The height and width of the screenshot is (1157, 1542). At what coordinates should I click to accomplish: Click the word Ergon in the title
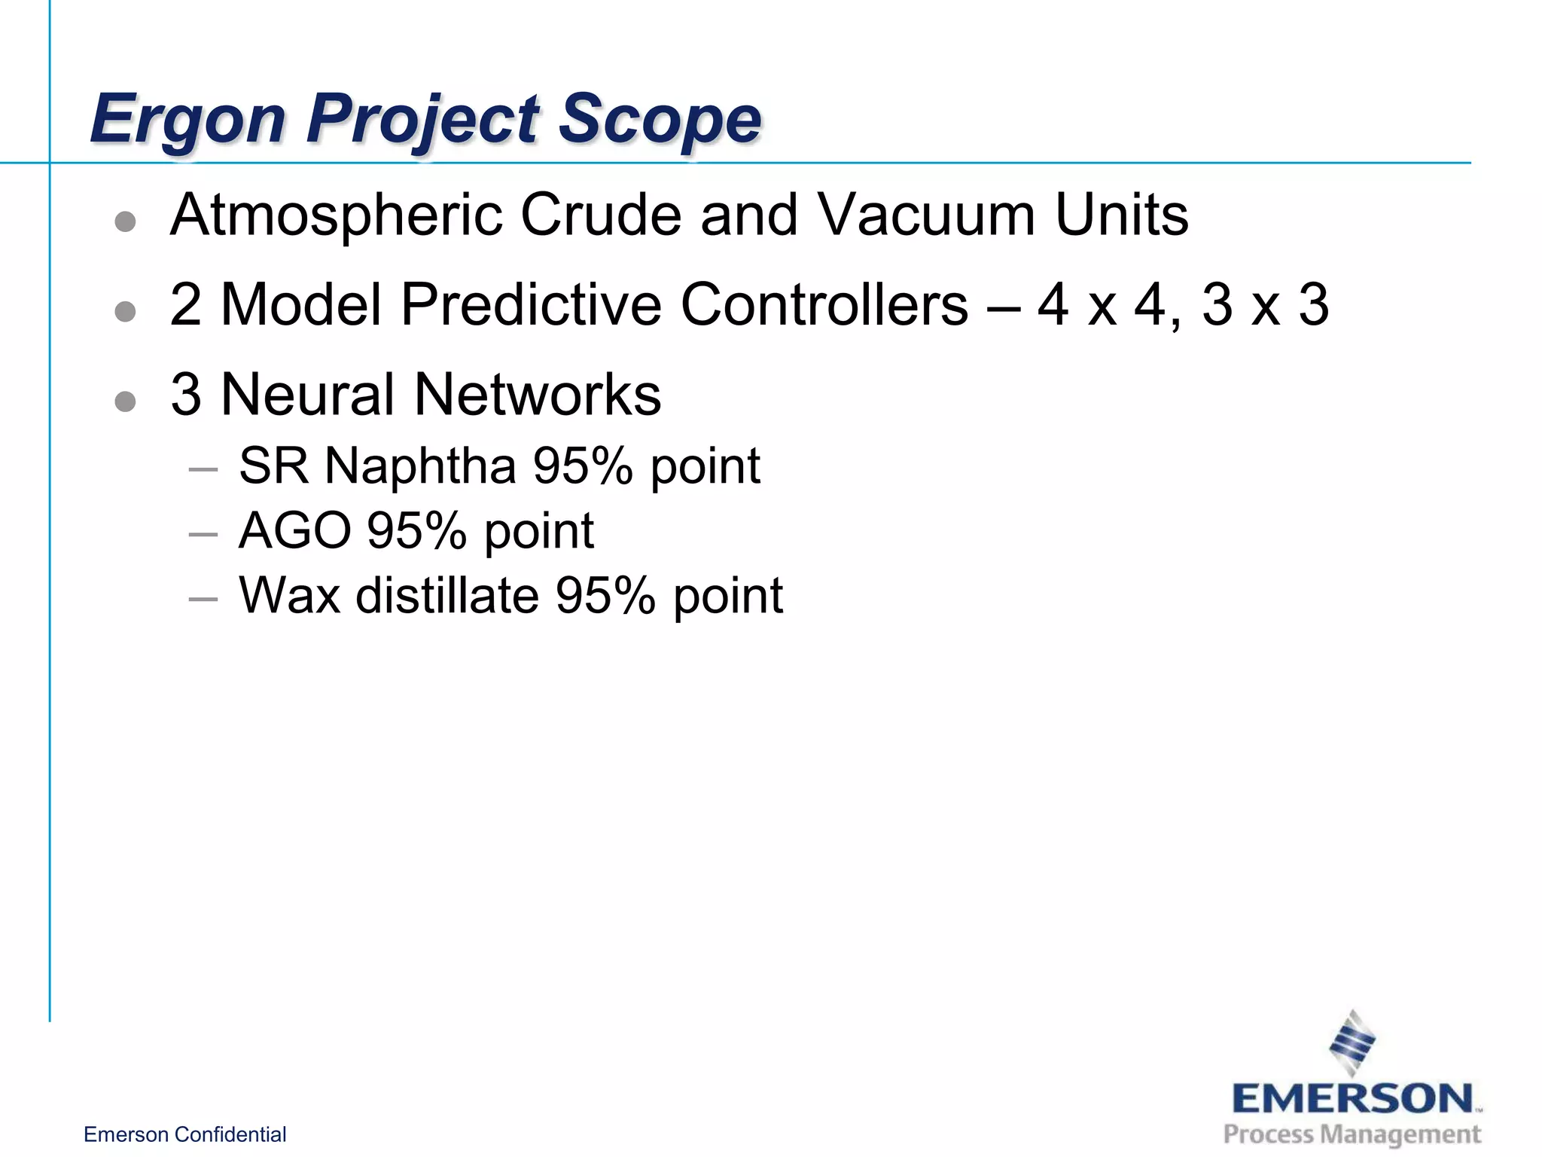tap(187, 119)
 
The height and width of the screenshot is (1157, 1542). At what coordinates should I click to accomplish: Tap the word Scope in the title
tap(660, 119)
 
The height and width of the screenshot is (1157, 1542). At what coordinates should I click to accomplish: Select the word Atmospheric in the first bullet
tap(337, 216)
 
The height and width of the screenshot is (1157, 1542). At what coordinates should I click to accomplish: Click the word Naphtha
tap(420, 466)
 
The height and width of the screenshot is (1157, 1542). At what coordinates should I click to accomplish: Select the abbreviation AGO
tap(294, 531)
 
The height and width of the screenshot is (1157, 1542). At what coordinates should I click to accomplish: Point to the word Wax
tap(289, 596)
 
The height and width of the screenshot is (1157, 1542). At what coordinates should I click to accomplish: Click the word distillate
tap(447, 596)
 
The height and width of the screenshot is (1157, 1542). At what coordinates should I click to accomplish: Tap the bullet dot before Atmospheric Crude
tap(125, 221)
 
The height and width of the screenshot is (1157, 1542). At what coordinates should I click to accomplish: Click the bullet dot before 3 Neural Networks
tap(125, 401)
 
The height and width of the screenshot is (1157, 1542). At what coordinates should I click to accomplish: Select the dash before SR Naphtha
tap(203, 470)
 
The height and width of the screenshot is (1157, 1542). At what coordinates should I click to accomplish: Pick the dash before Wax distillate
tap(203, 600)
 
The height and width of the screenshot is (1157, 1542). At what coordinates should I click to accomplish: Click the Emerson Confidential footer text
tap(184, 1134)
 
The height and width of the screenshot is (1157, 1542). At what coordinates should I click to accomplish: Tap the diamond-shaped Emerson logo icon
tap(1352, 1043)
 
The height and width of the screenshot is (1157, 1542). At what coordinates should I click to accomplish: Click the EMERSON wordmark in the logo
tap(1352, 1099)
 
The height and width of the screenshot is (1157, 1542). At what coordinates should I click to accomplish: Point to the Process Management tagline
tap(1352, 1134)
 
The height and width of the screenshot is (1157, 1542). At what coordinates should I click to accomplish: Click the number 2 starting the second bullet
tap(186, 305)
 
